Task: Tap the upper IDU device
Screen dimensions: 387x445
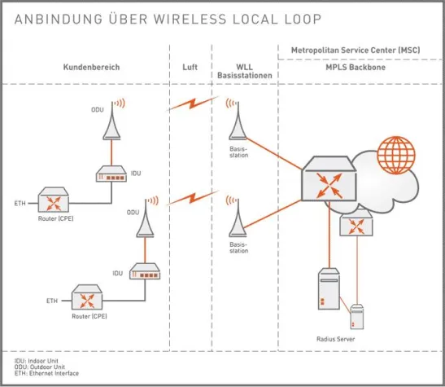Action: point(111,174)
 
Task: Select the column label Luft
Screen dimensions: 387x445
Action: point(189,66)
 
